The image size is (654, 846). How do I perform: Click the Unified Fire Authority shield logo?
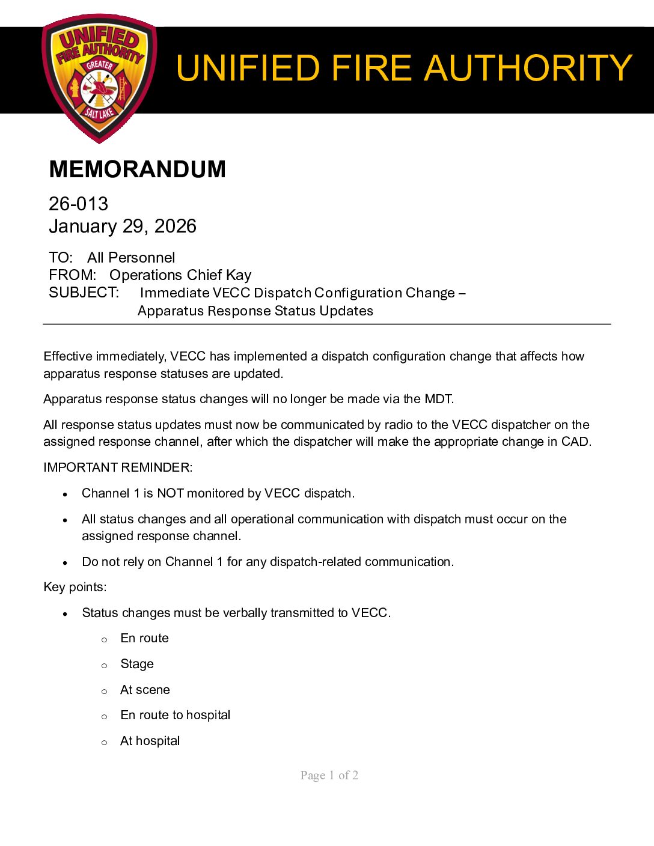tap(100, 78)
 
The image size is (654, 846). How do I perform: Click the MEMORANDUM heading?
tap(137, 169)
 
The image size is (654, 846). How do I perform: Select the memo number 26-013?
tap(78, 204)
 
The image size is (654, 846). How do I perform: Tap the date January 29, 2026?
tap(123, 226)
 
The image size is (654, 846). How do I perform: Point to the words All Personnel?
tap(131, 258)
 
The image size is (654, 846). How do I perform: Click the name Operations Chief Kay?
tap(180, 275)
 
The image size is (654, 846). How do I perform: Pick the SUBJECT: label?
tap(84, 293)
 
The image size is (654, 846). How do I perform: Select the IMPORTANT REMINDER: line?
tap(118, 467)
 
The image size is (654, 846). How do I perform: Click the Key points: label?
tap(75, 587)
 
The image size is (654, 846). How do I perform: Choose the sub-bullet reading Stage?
tap(137, 664)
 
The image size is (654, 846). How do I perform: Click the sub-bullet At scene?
tap(145, 690)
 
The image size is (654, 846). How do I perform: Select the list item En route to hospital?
tap(175, 715)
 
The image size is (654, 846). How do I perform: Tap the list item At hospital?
tap(150, 741)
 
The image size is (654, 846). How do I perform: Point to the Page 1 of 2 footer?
tap(329, 775)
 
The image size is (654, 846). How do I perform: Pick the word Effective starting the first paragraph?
tap(68, 356)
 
